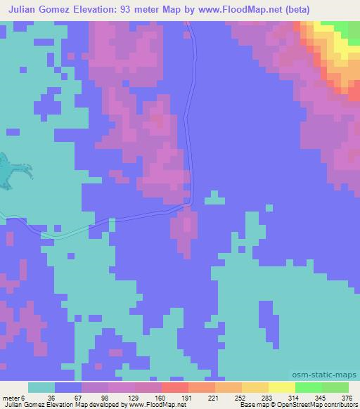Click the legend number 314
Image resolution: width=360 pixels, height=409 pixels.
[x=295, y=397]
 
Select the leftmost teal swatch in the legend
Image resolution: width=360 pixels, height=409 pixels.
[x=41, y=387]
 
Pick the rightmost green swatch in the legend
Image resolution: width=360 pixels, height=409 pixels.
[x=335, y=387]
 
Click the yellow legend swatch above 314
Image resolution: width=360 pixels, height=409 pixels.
[x=282, y=387]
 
